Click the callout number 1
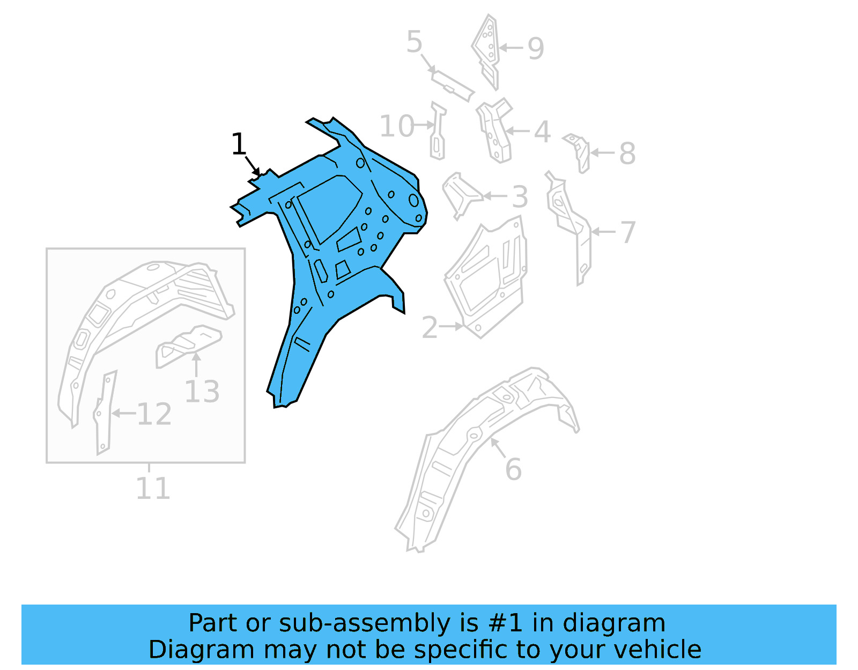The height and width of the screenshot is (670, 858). (x=239, y=144)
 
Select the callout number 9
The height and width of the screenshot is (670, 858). (x=535, y=48)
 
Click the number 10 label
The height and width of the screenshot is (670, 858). (x=397, y=127)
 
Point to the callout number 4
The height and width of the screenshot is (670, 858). (x=542, y=131)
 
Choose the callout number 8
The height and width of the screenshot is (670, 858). (x=627, y=153)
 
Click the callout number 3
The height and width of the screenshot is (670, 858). (x=520, y=197)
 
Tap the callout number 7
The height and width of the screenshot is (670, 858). (x=627, y=232)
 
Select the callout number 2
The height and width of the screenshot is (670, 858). (x=430, y=327)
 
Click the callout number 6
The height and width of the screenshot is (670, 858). (x=513, y=469)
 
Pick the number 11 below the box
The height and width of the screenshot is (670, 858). (x=153, y=489)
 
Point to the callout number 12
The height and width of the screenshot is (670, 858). (x=154, y=414)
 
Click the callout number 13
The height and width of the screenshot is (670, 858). (x=202, y=392)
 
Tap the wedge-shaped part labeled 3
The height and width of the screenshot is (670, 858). (x=460, y=194)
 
